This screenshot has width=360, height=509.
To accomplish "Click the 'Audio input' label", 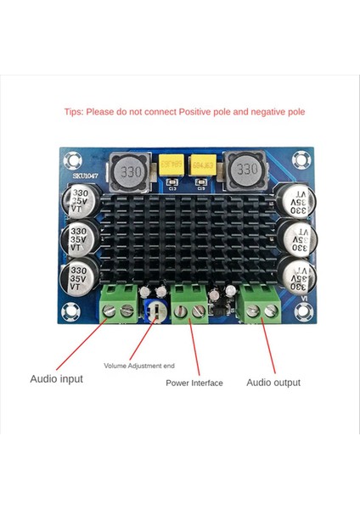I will (57, 378).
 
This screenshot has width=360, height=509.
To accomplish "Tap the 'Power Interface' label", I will (194, 383).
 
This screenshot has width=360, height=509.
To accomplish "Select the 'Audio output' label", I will (273, 383).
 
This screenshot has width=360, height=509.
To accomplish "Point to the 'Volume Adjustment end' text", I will (139, 366).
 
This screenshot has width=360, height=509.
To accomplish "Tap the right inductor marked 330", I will (245, 169).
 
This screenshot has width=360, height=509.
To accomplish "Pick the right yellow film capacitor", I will (203, 162).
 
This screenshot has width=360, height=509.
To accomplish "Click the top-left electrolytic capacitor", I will (78, 201).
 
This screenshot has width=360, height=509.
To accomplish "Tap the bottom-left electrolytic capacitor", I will (78, 279).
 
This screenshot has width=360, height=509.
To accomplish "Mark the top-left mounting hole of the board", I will (71, 159).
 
